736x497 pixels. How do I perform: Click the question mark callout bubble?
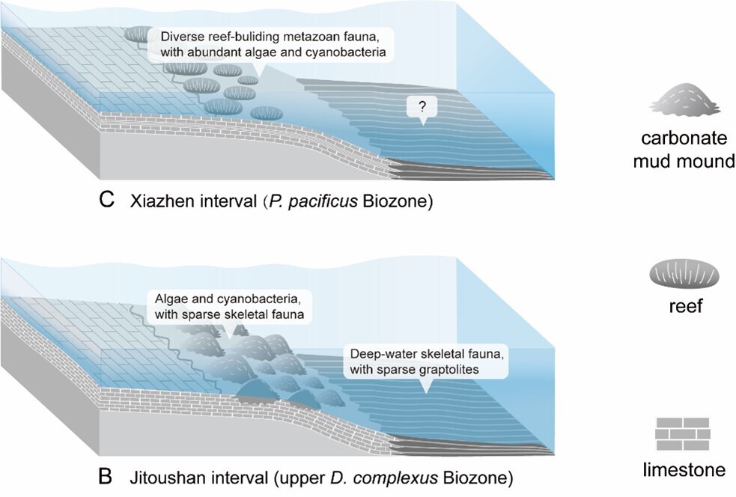(x=421, y=108)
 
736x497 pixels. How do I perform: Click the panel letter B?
(x=107, y=476)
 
